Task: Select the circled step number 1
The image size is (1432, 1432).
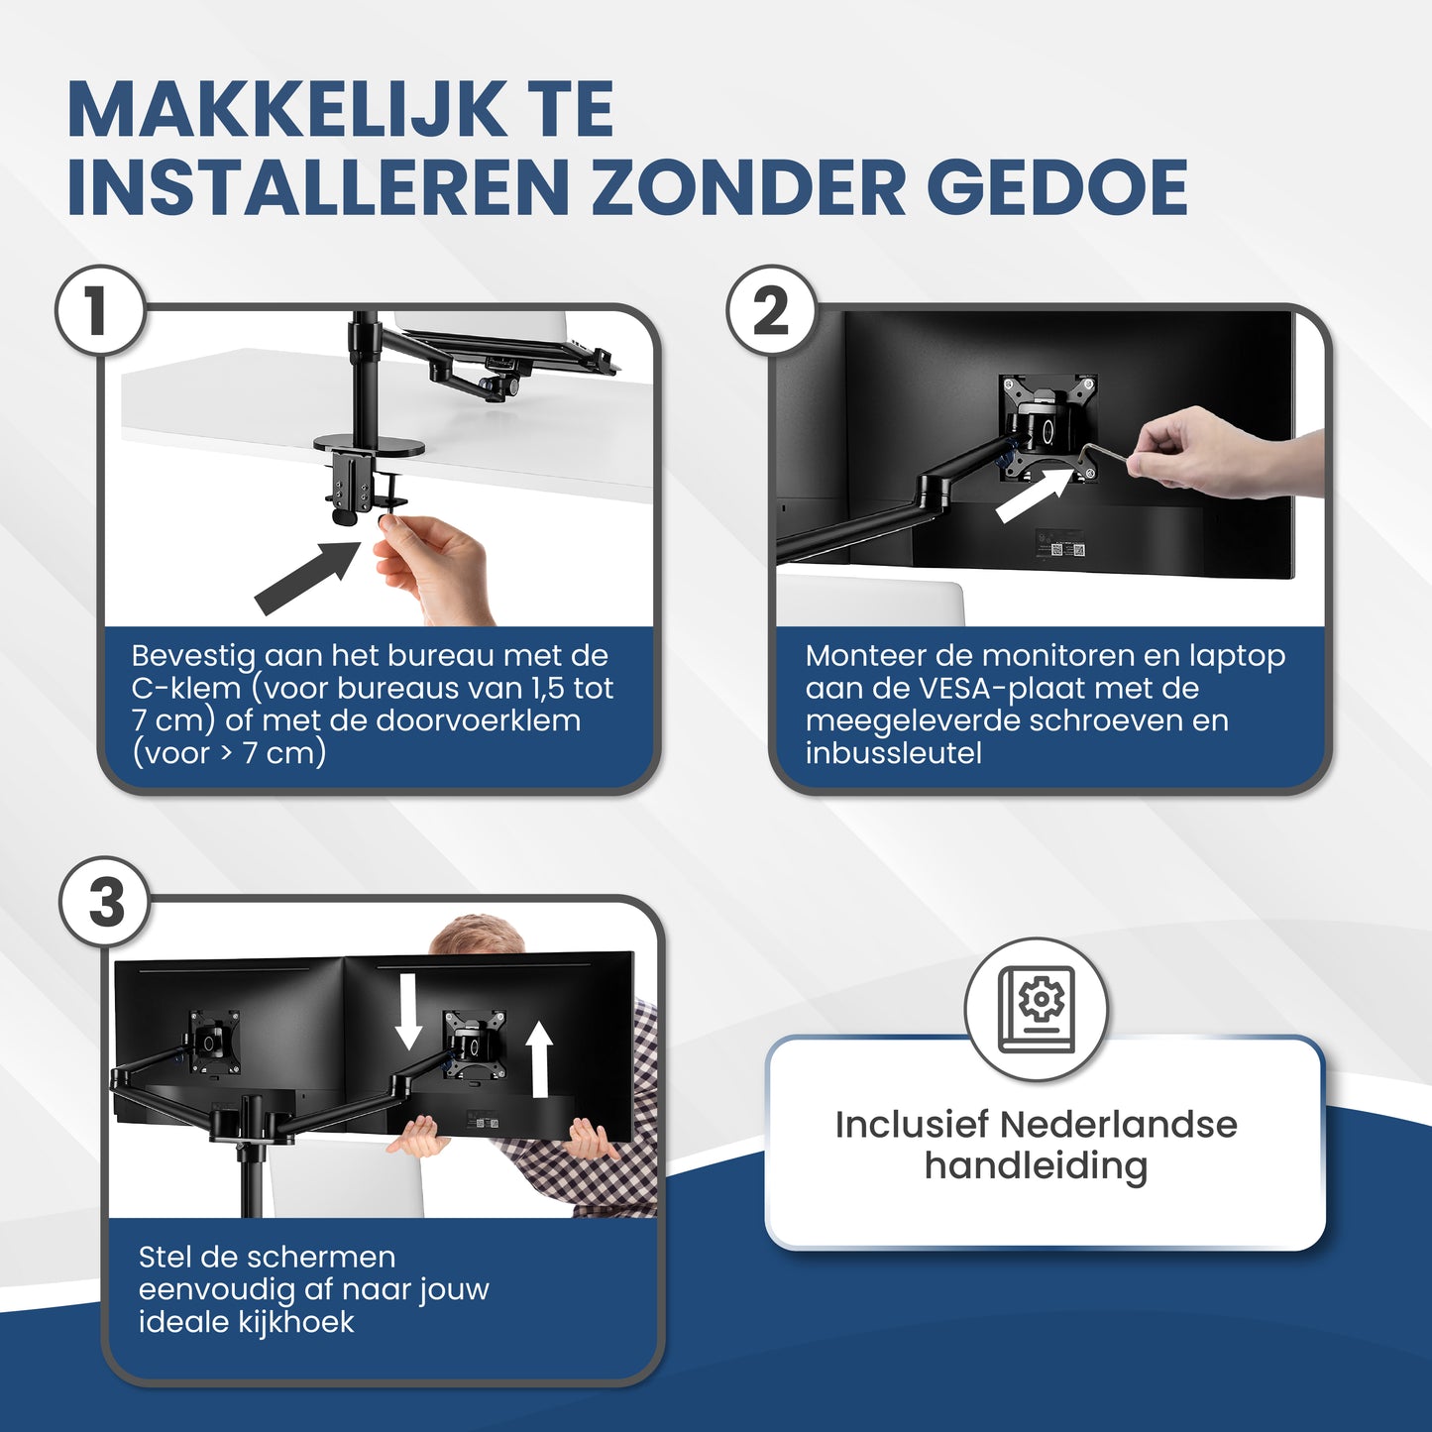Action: point(98,311)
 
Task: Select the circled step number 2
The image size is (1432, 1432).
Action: point(771,311)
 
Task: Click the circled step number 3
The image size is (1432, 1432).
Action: point(106,903)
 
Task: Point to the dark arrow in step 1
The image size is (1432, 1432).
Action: point(307,577)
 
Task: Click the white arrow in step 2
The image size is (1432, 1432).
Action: point(1033,495)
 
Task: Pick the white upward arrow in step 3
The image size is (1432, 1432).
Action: point(538,1059)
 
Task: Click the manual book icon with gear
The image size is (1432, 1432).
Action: point(1036,1009)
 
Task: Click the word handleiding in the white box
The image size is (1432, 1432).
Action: point(1036,1166)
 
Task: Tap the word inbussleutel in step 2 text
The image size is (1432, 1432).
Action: point(893,753)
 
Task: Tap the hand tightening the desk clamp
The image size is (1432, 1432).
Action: point(436,565)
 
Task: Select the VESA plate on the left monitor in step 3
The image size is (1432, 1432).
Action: point(213,1040)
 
